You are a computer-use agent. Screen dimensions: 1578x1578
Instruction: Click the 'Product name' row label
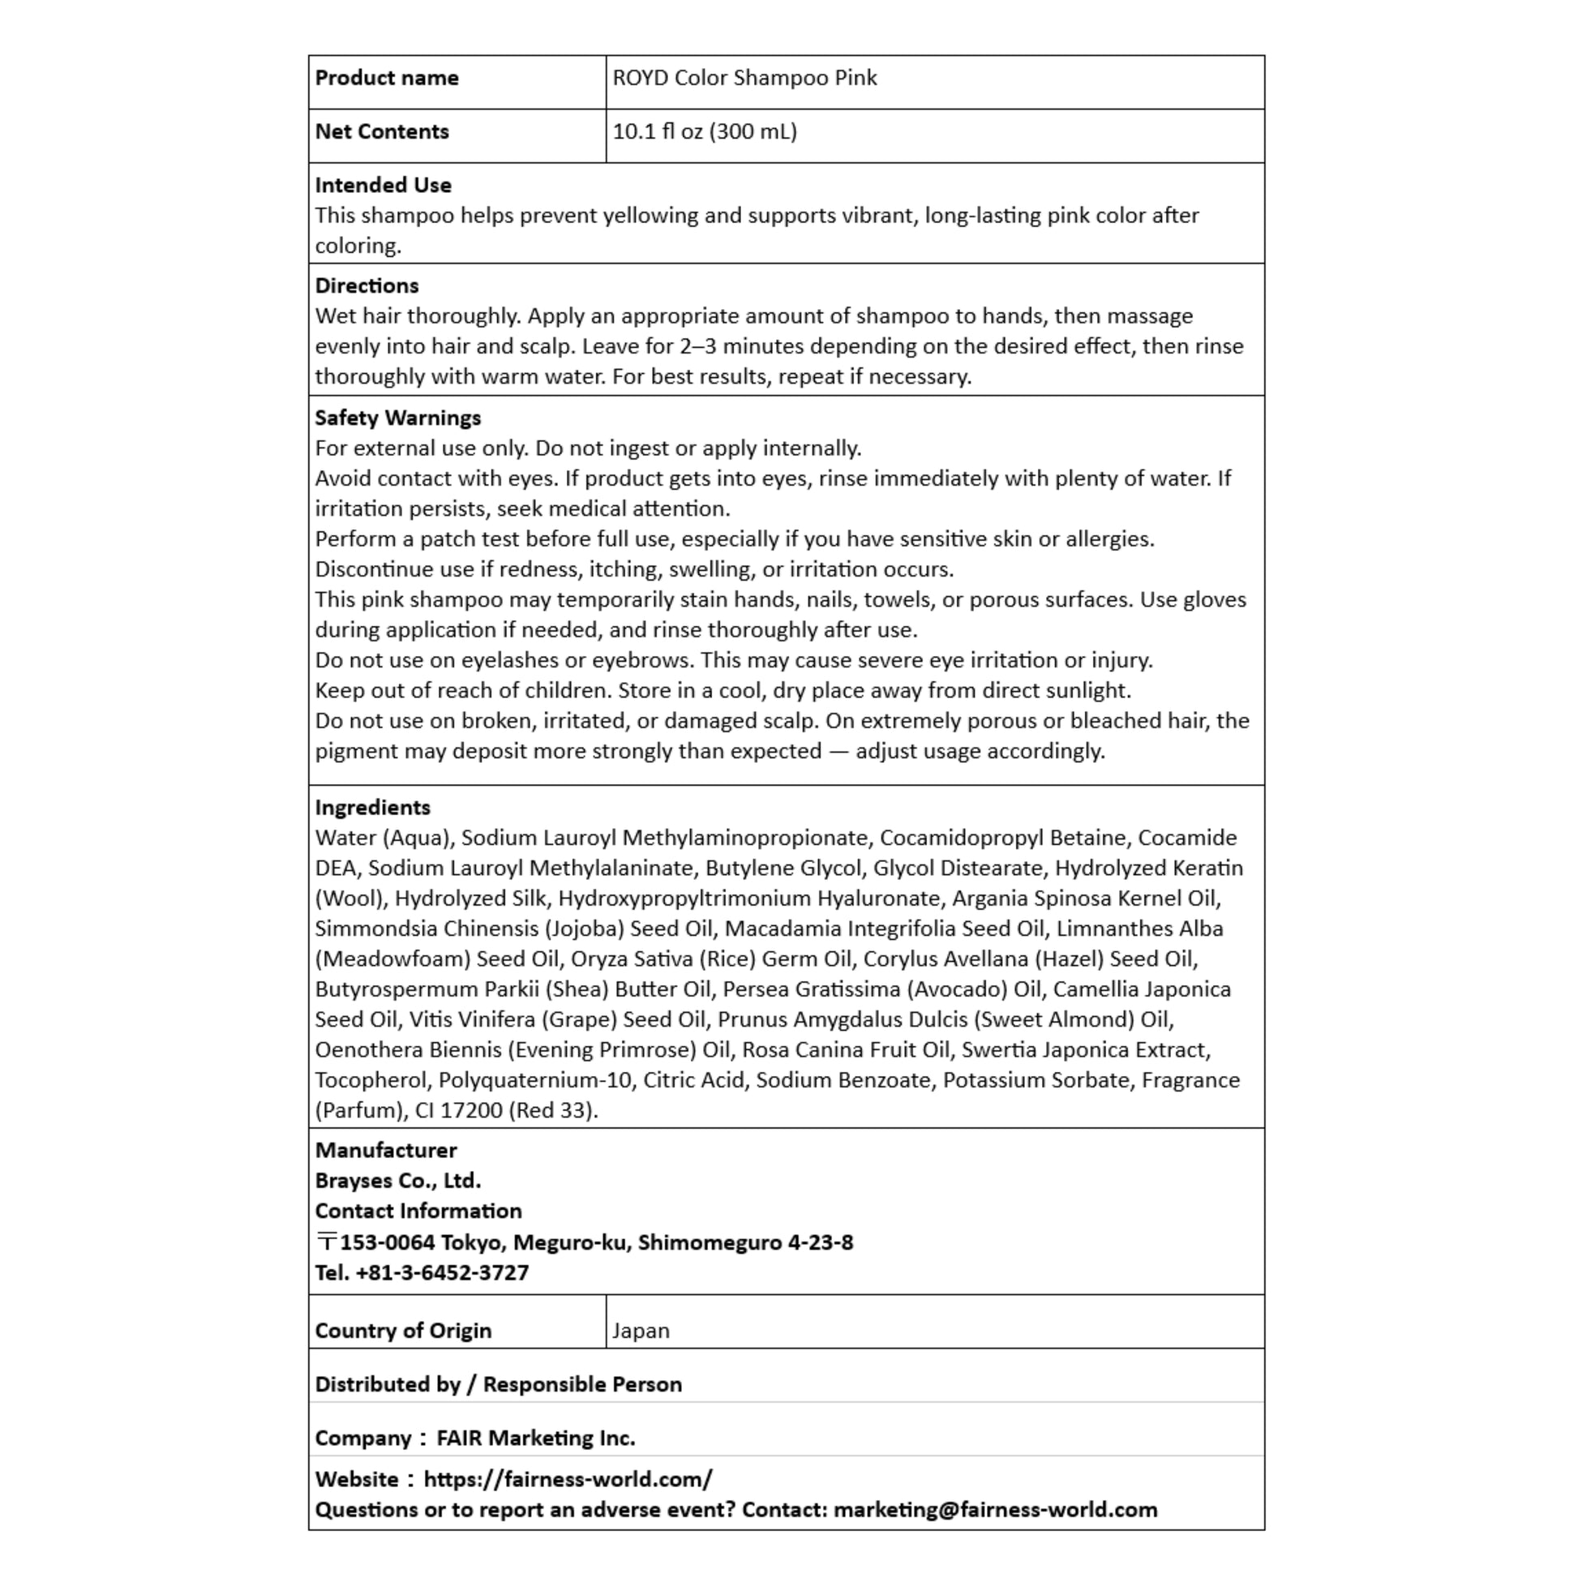[x=386, y=79]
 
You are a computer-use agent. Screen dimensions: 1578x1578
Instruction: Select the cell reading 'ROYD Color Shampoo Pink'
[x=744, y=79]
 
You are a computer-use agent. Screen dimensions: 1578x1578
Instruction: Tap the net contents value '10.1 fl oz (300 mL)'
[x=704, y=132]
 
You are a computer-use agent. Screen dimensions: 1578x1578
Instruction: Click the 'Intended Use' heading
[x=383, y=186]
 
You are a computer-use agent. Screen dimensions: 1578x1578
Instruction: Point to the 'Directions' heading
[x=367, y=286]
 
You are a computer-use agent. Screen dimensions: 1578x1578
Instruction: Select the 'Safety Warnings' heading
[x=398, y=418]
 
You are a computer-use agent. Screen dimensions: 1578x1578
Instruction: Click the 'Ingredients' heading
[x=372, y=808]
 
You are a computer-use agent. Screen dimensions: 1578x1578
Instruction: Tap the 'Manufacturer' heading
[x=385, y=1151]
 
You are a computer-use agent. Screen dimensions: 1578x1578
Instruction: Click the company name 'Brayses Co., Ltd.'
[x=398, y=1181]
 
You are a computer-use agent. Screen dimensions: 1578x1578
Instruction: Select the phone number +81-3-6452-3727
[x=442, y=1273]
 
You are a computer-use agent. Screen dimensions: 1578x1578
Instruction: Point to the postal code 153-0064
[x=387, y=1243]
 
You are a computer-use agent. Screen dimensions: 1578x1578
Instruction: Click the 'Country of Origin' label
[x=403, y=1331]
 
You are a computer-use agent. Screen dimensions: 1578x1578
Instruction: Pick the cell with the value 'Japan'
[x=641, y=1331]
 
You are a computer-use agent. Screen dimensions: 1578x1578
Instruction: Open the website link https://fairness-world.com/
[x=568, y=1480]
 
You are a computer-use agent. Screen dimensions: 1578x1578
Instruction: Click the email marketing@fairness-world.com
[x=995, y=1510]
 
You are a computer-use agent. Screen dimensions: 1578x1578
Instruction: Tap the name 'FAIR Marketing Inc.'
[x=535, y=1439]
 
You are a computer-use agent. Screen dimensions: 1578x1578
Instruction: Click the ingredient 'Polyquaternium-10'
[x=535, y=1081]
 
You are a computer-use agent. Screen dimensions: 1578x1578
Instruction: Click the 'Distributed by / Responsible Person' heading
[x=498, y=1384]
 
